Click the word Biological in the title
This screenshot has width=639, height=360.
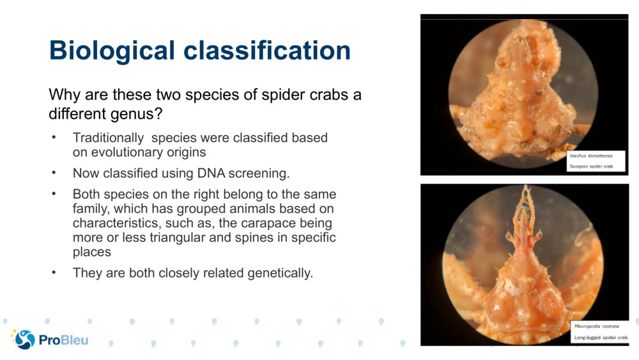pyautogui.click(x=112, y=51)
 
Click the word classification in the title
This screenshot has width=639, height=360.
pyautogui.click(x=267, y=50)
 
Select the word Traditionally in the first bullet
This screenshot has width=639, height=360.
pyautogui.click(x=108, y=138)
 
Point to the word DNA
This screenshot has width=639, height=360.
pyautogui.click(x=211, y=173)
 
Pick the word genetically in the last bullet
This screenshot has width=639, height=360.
pyautogui.click(x=280, y=273)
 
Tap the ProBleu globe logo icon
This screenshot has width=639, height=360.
pyautogui.click(x=24, y=339)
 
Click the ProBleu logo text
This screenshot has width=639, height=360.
pyautogui.click(x=63, y=340)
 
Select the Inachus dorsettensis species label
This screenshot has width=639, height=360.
pyautogui.click(x=591, y=156)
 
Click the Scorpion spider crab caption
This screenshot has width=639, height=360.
pyautogui.click(x=591, y=166)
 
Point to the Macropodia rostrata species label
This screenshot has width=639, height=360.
pyautogui.click(x=596, y=326)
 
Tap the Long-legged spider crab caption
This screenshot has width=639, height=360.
pyautogui.click(x=601, y=338)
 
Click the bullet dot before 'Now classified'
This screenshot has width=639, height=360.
pyautogui.click(x=54, y=173)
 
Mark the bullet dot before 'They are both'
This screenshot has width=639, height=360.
pyautogui.click(x=54, y=272)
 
